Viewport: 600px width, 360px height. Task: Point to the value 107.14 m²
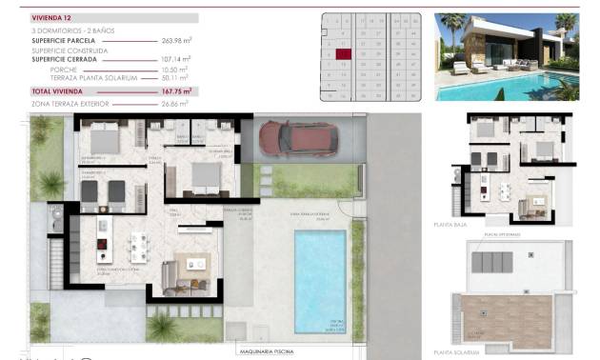[x=177, y=59]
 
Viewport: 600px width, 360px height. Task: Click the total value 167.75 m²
[x=175, y=90]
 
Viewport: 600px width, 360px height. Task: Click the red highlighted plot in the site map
[x=345, y=55]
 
